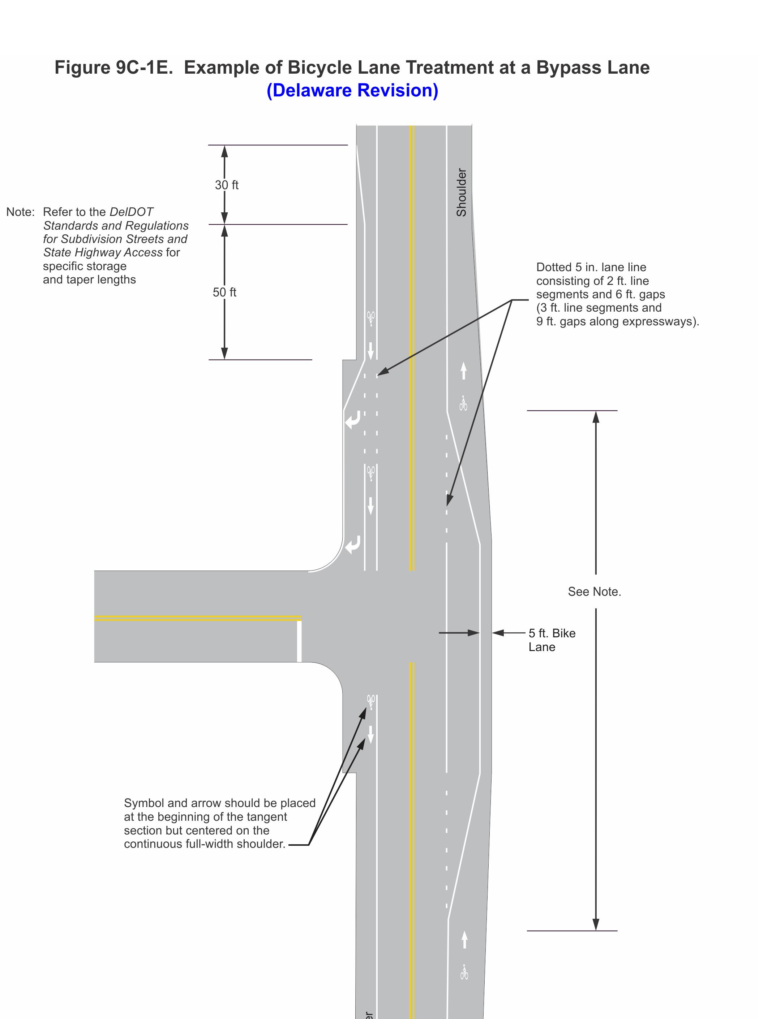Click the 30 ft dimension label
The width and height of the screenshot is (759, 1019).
pyautogui.click(x=227, y=185)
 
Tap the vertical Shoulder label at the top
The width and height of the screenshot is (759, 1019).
pyautogui.click(x=461, y=192)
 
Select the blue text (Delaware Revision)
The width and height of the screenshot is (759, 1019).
pyautogui.click(x=352, y=90)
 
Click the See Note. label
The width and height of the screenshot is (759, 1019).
pyautogui.click(x=594, y=592)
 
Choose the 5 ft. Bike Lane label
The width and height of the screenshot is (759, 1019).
pyautogui.click(x=551, y=640)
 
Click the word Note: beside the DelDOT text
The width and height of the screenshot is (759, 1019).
pyautogui.click(x=20, y=212)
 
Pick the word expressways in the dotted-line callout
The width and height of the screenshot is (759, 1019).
pyautogui.click(x=662, y=321)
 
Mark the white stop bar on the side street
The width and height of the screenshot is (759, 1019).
pyautogui.click(x=299, y=641)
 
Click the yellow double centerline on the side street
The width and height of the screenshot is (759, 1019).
pyautogui.click(x=198, y=618)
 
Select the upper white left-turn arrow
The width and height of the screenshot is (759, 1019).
pyautogui.click(x=352, y=420)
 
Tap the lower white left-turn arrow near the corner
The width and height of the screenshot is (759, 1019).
pyautogui.click(x=352, y=545)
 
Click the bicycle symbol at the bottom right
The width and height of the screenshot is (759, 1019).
pyautogui.click(x=464, y=972)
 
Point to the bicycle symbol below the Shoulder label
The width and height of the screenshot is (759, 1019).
pyautogui.click(x=463, y=403)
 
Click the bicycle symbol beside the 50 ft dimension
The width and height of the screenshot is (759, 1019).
pyautogui.click(x=371, y=318)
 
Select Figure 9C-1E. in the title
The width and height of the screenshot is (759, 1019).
pyautogui.click(x=115, y=68)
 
